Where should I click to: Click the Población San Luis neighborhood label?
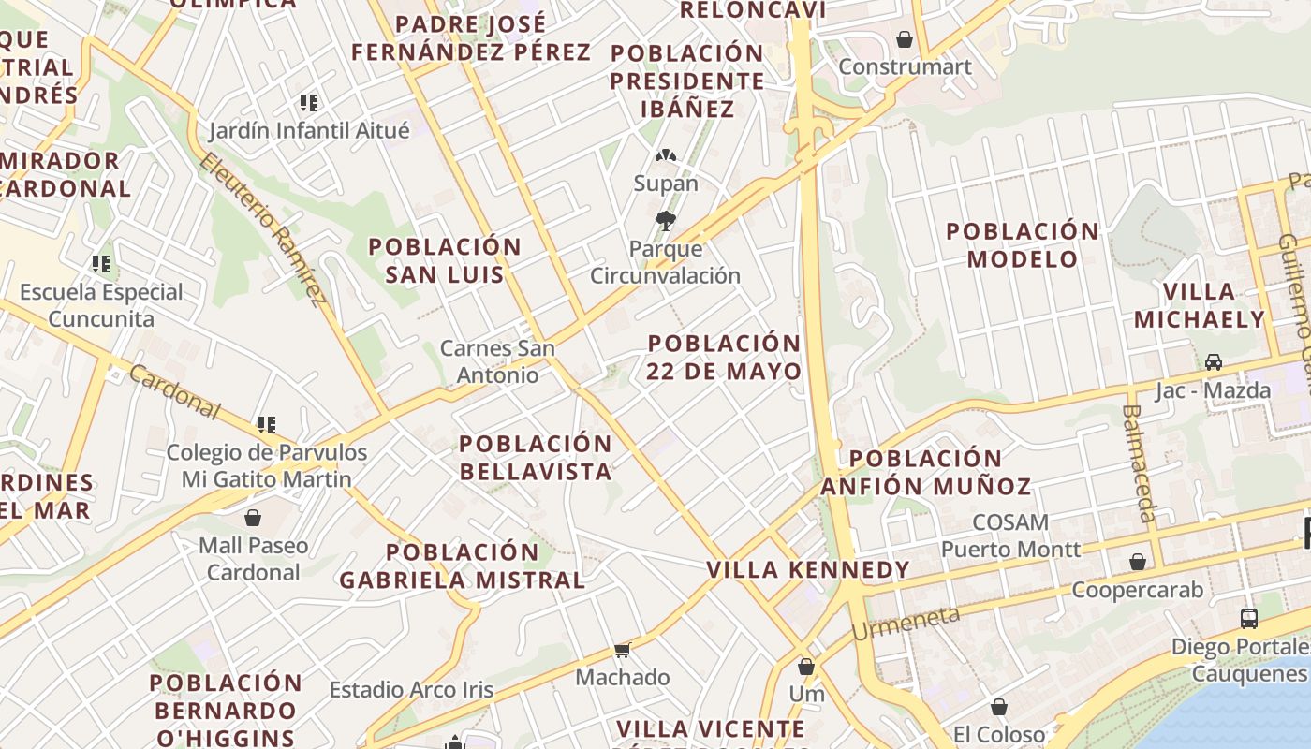[445, 260]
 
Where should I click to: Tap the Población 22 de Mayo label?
[724, 357]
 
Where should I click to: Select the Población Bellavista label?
[536, 457]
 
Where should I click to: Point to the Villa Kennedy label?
[808, 570]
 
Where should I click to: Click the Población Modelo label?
[1023, 244]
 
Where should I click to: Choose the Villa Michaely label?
[1200, 305]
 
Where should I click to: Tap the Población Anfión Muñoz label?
[926, 472]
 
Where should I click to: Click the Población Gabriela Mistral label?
[463, 565]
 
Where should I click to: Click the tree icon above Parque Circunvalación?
[666, 221]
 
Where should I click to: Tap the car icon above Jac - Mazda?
[1214, 361]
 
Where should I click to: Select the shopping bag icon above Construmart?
[905, 39]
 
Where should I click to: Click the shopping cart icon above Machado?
[622, 649]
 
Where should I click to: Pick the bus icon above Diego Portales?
[1249, 618]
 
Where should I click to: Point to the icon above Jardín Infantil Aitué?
[309, 102]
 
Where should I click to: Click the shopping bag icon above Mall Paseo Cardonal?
[253, 517]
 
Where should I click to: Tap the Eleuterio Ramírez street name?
[263, 228]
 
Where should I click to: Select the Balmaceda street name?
[1138, 463]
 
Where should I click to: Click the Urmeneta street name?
[906, 623]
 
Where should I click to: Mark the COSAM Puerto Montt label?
[1010, 536]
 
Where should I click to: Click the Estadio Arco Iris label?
[411, 690]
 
